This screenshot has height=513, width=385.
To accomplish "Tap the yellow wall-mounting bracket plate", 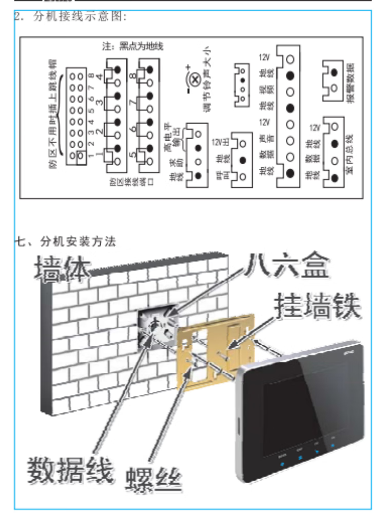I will pyautogui.click(x=216, y=354).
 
